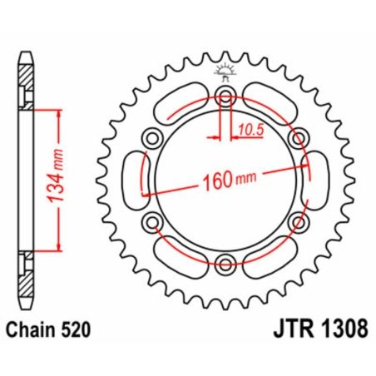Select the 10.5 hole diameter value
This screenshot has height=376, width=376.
tap(248, 129)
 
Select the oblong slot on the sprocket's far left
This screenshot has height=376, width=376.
tap(133, 179)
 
